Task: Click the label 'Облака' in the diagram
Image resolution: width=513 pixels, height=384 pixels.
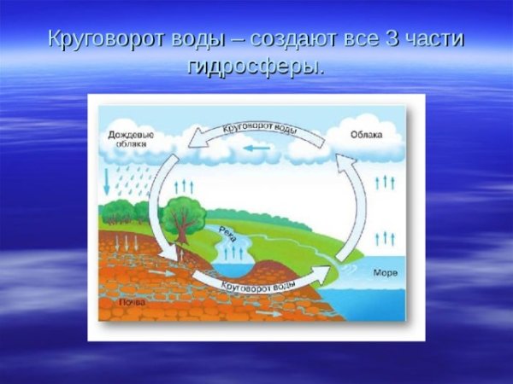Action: (x=366, y=135)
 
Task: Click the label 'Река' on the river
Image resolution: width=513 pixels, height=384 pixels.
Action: (x=227, y=233)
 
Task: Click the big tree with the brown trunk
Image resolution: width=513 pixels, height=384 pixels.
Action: (x=180, y=218)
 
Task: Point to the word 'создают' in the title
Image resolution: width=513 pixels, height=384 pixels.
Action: (x=283, y=40)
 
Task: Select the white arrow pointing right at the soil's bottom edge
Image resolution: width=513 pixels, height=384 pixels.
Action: (x=270, y=313)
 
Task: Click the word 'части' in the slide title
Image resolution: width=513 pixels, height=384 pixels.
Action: (x=436, y=40)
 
